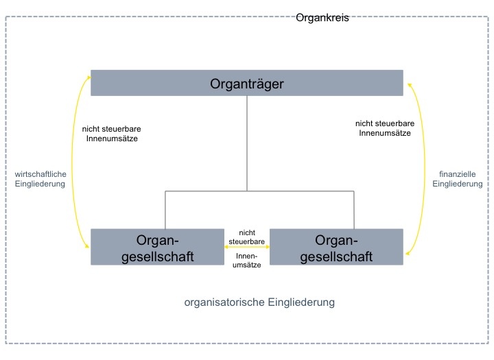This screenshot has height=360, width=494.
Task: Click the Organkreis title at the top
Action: pyautogui.click(x=322, y=18)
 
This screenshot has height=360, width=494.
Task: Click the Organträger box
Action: pyautogui.click(x=246, y=84)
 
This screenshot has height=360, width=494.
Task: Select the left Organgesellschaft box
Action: pyautogui.click(x=158, y=248)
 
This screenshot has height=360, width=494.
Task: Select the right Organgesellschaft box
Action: pyautogui.click(x=336, y=248)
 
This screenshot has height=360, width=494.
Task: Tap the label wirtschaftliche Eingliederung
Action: pyautogui.click(x=40, y=179)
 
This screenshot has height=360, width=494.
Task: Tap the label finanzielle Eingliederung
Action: pyautogui.click(x=457, y=179)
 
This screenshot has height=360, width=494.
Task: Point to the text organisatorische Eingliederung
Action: pyautogui.click(x=259, y=302)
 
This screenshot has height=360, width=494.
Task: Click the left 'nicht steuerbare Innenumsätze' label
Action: pyautogui.click(x=111, y=134)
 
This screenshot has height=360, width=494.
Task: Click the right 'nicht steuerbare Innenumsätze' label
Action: pyautogui.click(x=385, y=128)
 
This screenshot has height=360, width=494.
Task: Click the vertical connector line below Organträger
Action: pyautogui.click(x=247, y=144)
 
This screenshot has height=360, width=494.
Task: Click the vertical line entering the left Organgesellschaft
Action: pyautogui.click(x=165, y=210)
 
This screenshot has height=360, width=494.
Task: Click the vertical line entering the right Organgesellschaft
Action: pyautogui.click(x=354, y=210)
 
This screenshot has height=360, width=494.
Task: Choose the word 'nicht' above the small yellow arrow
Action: pyautogui.click(x=247, y=232)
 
